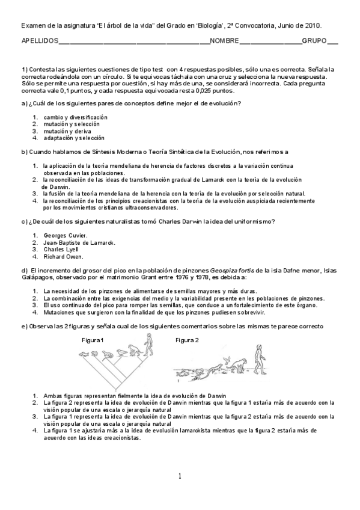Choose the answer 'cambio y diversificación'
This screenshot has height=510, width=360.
(x=75, y=117)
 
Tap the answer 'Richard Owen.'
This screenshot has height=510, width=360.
(x=63, y=257)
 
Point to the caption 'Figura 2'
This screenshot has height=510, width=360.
(x=186, y=340)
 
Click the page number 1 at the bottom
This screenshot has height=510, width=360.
(x=179, y=477)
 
